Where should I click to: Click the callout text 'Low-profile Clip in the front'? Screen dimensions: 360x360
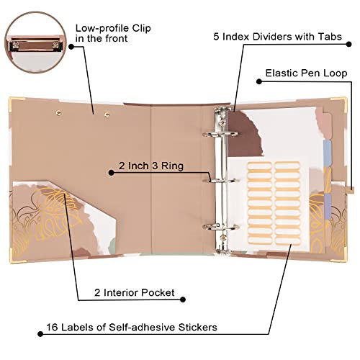click(113, 33)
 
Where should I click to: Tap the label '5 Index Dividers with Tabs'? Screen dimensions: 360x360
click(277, 37)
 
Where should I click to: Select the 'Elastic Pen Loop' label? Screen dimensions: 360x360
click(306, 73)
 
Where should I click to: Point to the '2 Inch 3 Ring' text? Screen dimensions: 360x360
click(151, 166)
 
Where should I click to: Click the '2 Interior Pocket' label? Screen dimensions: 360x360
click(135, 292)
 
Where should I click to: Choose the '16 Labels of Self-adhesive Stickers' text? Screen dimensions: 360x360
click(132, 327)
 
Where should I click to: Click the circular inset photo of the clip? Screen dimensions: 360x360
click(35, 42)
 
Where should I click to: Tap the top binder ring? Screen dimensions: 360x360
click(220, 134)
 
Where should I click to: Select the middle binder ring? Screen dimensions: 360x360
click(220, 181)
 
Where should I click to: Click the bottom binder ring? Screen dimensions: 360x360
click(220, 227)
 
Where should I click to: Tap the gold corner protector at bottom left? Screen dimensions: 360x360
click(15, 257)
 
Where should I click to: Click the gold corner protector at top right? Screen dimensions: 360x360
click(341, 102)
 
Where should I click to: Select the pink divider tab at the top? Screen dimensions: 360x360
click(327, 125)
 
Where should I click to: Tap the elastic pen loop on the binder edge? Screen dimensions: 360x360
click(351, 189)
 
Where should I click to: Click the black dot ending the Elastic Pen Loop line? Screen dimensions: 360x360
click(259, 81)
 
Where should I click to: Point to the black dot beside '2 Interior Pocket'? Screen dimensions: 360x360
click(183, 300)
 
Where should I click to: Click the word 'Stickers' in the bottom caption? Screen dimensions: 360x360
click(197, 327)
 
